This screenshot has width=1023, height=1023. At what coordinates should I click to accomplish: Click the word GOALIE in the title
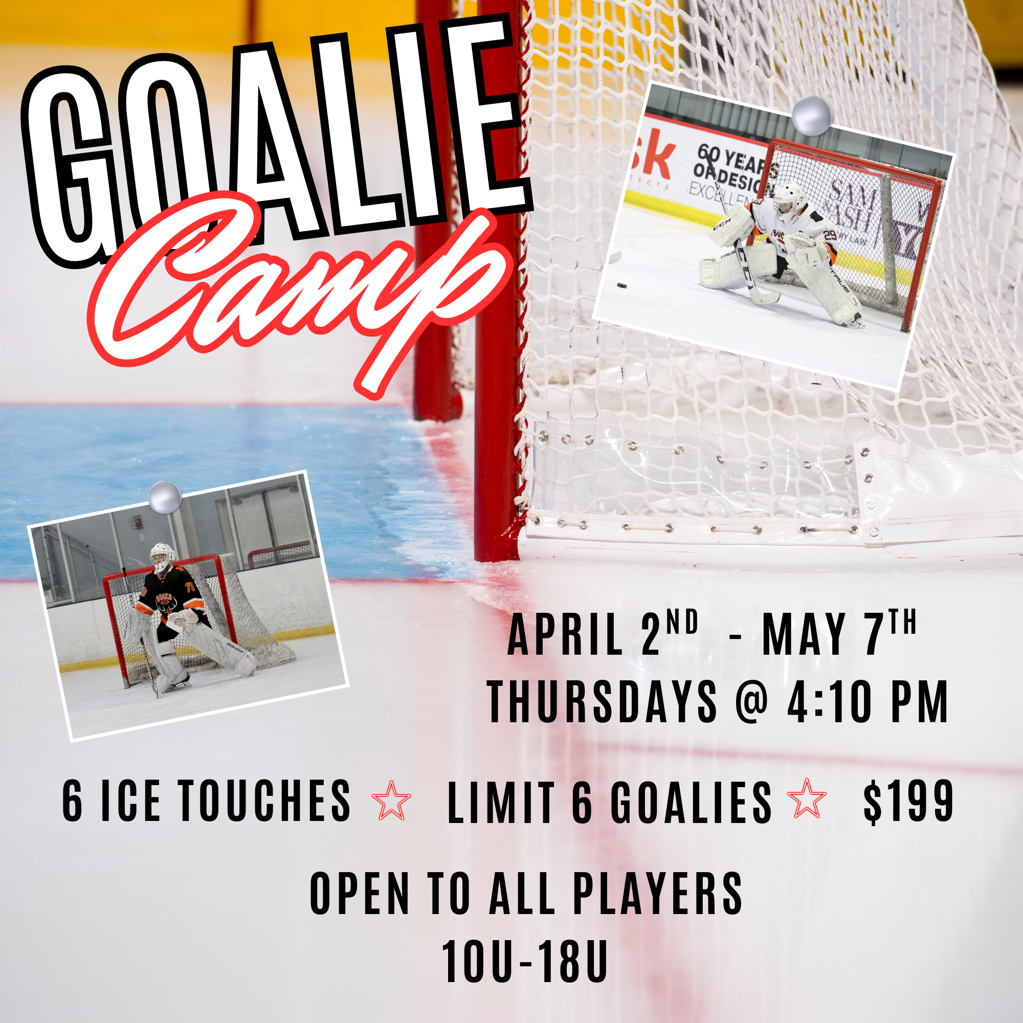(x=275, y=143)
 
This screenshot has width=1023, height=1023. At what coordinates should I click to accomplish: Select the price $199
(x=908, y=800)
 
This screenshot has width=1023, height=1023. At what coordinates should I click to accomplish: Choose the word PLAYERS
(x=658, y=894)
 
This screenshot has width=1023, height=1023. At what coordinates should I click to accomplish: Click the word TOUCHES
(x=265, y=800)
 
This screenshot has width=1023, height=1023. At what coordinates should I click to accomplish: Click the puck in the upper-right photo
(x=621, y=285)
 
